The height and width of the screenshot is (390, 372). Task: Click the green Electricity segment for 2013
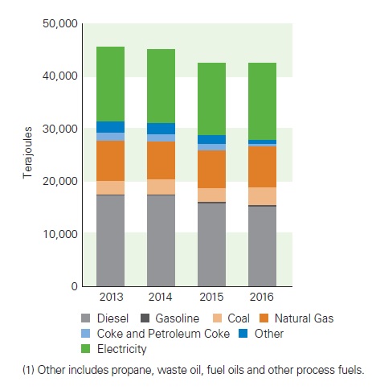click(x=110, y=84)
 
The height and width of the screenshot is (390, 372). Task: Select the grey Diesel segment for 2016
click(x=262, y=246)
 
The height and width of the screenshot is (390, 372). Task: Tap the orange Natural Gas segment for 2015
click(x=211, y=169)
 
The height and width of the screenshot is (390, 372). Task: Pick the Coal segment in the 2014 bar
click(x=161, y=187)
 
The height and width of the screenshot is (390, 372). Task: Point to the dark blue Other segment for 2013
click(x=110, y=127)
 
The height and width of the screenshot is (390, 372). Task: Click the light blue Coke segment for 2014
click(x=161, y=138)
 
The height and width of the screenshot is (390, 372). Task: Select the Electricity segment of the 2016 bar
click(x=262, y=101)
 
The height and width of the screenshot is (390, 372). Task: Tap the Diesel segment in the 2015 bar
click(x=211, y=244)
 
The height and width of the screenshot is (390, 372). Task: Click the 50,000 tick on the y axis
click(x=60, y=23)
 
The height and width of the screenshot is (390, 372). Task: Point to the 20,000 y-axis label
click(x=60, y=181)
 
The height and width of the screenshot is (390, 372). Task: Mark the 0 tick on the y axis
click(x=75, y=286)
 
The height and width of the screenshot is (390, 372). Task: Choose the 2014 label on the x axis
click(x=161, y=297)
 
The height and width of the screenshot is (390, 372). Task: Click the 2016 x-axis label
click(x=262, y=297)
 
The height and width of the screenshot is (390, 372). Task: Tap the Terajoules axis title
click(x=27, y=153)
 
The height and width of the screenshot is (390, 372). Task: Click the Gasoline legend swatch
click(x=145, y=318)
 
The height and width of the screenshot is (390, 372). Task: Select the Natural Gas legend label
click(x=304, y=318)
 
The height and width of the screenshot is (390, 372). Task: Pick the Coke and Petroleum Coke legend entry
click(x=155, y=334)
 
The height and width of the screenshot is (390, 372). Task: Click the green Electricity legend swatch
click(x=85, y=349)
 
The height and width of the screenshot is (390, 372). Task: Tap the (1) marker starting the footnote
click(x=28, y=370)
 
